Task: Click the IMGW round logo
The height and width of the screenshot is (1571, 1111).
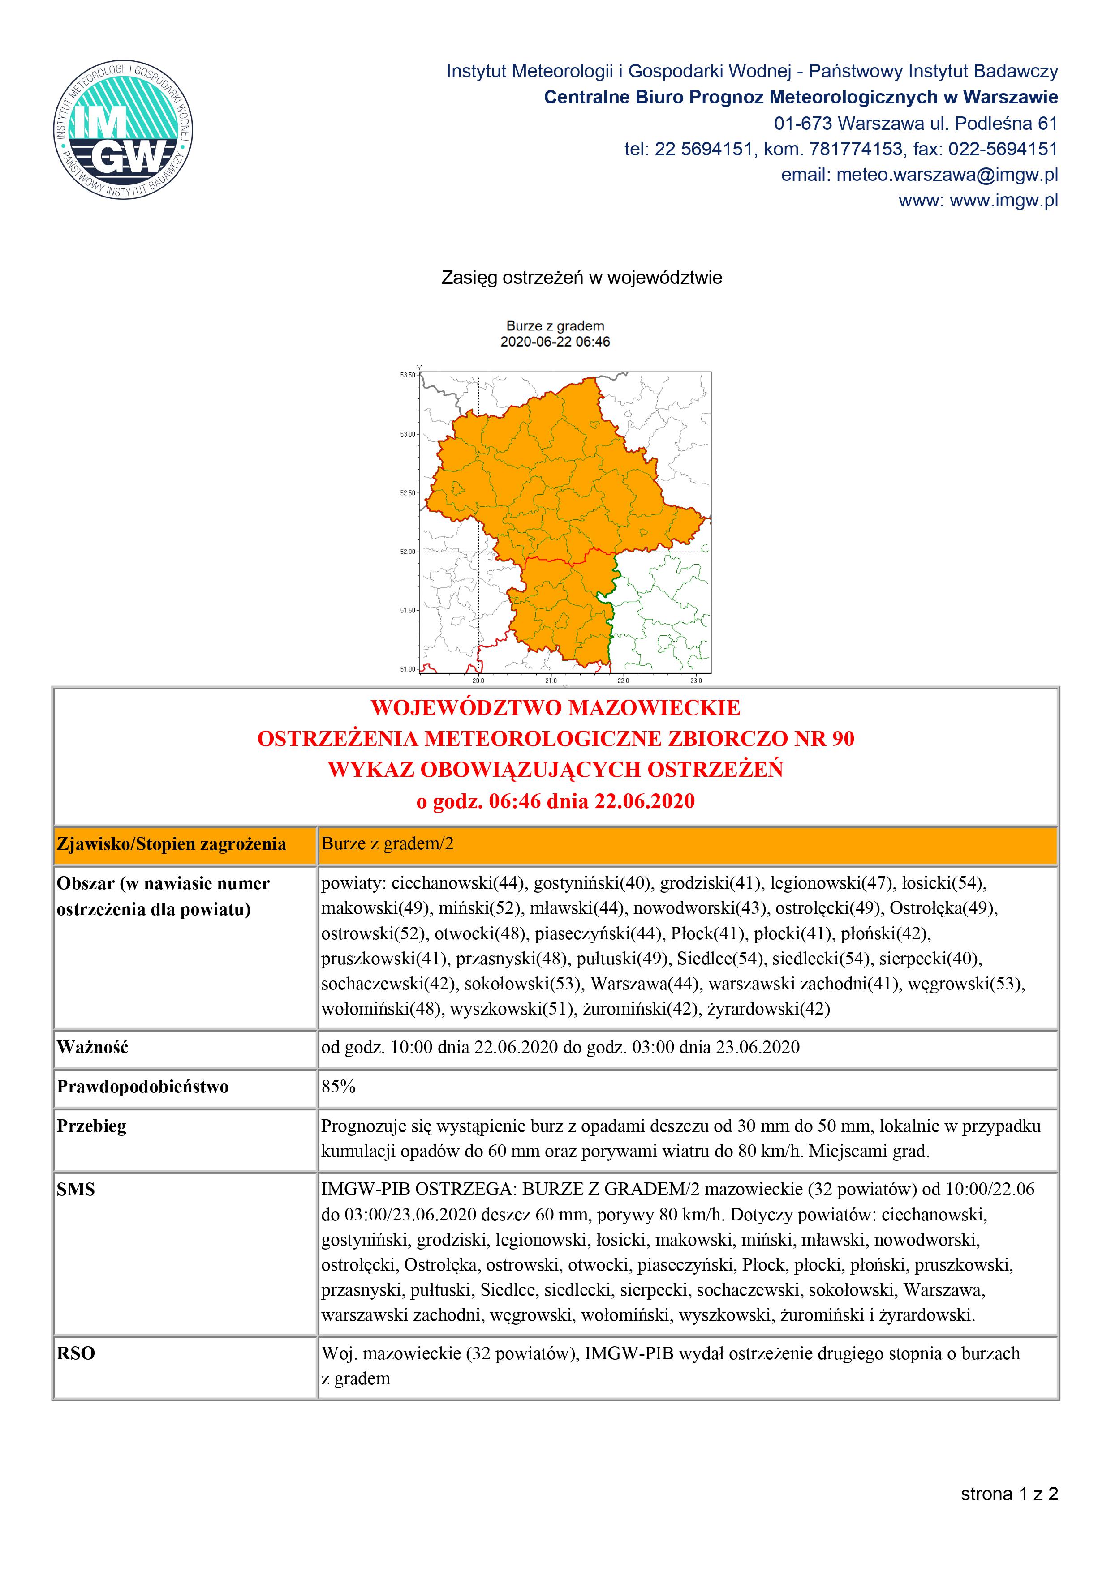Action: coord(123,129)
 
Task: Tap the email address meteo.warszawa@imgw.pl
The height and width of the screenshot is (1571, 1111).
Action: coord(947,175)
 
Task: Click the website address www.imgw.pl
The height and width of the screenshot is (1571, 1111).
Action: coord(1003,201)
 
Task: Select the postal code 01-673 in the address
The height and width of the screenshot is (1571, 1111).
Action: coord(802,124)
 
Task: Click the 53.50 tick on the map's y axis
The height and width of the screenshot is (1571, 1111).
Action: coord(407,375)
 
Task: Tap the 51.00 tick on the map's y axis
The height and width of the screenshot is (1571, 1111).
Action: coord(407,669)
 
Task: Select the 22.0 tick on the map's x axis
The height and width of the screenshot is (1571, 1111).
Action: coord(623,681)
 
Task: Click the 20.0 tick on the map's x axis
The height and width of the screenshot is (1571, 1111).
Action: coord(478,681)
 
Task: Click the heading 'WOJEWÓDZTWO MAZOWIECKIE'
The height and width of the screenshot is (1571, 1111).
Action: coord(555,707)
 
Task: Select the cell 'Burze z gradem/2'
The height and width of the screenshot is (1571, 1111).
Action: coord(388,843)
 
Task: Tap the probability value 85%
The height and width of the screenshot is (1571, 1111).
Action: coord(338,1087)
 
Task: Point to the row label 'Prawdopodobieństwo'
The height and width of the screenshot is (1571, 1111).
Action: coord(142,1087)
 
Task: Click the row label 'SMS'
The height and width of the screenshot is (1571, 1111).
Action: coord(75,1189)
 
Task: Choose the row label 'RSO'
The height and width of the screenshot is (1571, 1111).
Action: coord(75,1353)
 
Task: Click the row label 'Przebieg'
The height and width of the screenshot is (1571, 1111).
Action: coord(92,1126)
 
